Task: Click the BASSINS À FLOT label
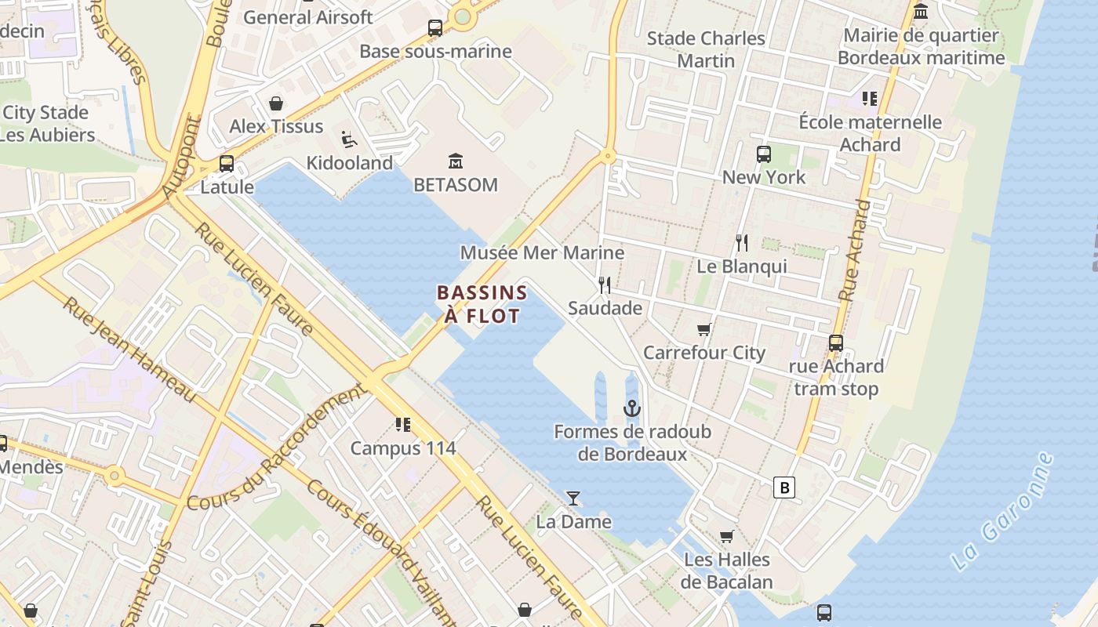point(482,304)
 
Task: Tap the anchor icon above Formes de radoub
point(632,408)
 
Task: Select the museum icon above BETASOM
point(455,161)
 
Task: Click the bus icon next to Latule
point(226,164)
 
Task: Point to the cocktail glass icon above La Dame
point(573,498)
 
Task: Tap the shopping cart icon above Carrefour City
point(704,330)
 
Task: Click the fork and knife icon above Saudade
point(605,285)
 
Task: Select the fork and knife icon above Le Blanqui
point(742,243)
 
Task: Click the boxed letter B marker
point(784,487)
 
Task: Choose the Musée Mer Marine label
point(542,252)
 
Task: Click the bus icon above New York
point(763,154)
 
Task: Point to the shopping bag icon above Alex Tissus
point(276,103)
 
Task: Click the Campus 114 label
point(402,448)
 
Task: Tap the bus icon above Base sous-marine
point(435,28)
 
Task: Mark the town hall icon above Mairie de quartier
point(921,12)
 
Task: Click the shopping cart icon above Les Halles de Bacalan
point(726,537)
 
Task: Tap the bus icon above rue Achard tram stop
point(836,343)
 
